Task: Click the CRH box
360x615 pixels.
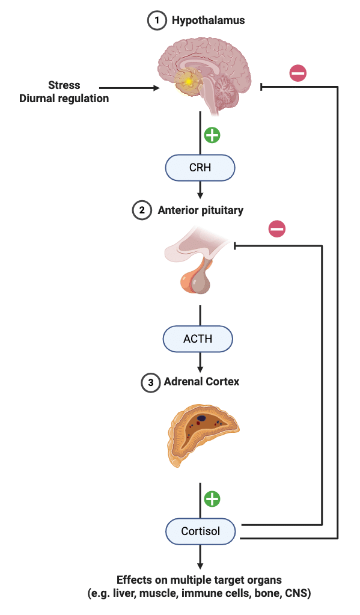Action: [x=200, y=168]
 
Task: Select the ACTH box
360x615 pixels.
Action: [x=198, y=339]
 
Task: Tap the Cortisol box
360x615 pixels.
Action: [x=200, y=531]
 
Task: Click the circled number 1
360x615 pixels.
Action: [x=156, y=20]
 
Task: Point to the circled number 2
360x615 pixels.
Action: [x=141, y=210]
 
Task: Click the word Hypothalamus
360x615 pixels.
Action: [x=208, y=20]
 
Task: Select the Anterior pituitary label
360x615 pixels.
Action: [x=200, y=210]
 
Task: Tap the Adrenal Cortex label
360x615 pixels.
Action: [x=201, y=382]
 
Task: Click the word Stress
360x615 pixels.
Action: [x=64, y=85]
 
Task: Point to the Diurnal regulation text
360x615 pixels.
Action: [x=64, y=98]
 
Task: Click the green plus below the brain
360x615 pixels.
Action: [x=212, y=135]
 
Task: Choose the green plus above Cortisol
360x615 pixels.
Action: [x=212, y=498]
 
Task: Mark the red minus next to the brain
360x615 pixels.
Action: [x=297, y=73]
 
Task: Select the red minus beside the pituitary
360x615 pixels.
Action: [x=276, y=228]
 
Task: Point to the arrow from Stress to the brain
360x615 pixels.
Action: [x=129, y=88]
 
